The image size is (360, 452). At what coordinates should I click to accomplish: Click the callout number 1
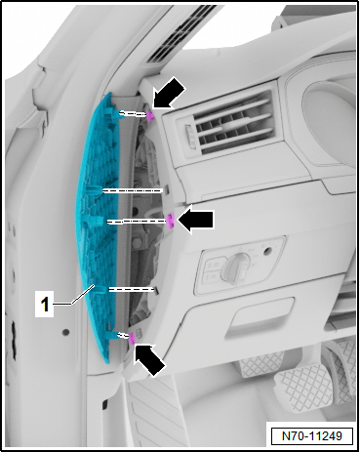click(43, 305)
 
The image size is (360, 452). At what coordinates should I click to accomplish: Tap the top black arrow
click(168, 96)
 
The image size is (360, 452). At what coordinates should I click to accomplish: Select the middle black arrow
click(199, 221)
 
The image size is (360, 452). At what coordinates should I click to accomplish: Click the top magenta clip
click(152, 116)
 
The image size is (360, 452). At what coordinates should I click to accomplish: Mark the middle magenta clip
click(170, 222)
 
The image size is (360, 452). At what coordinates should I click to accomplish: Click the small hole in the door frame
click(66, 332)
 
